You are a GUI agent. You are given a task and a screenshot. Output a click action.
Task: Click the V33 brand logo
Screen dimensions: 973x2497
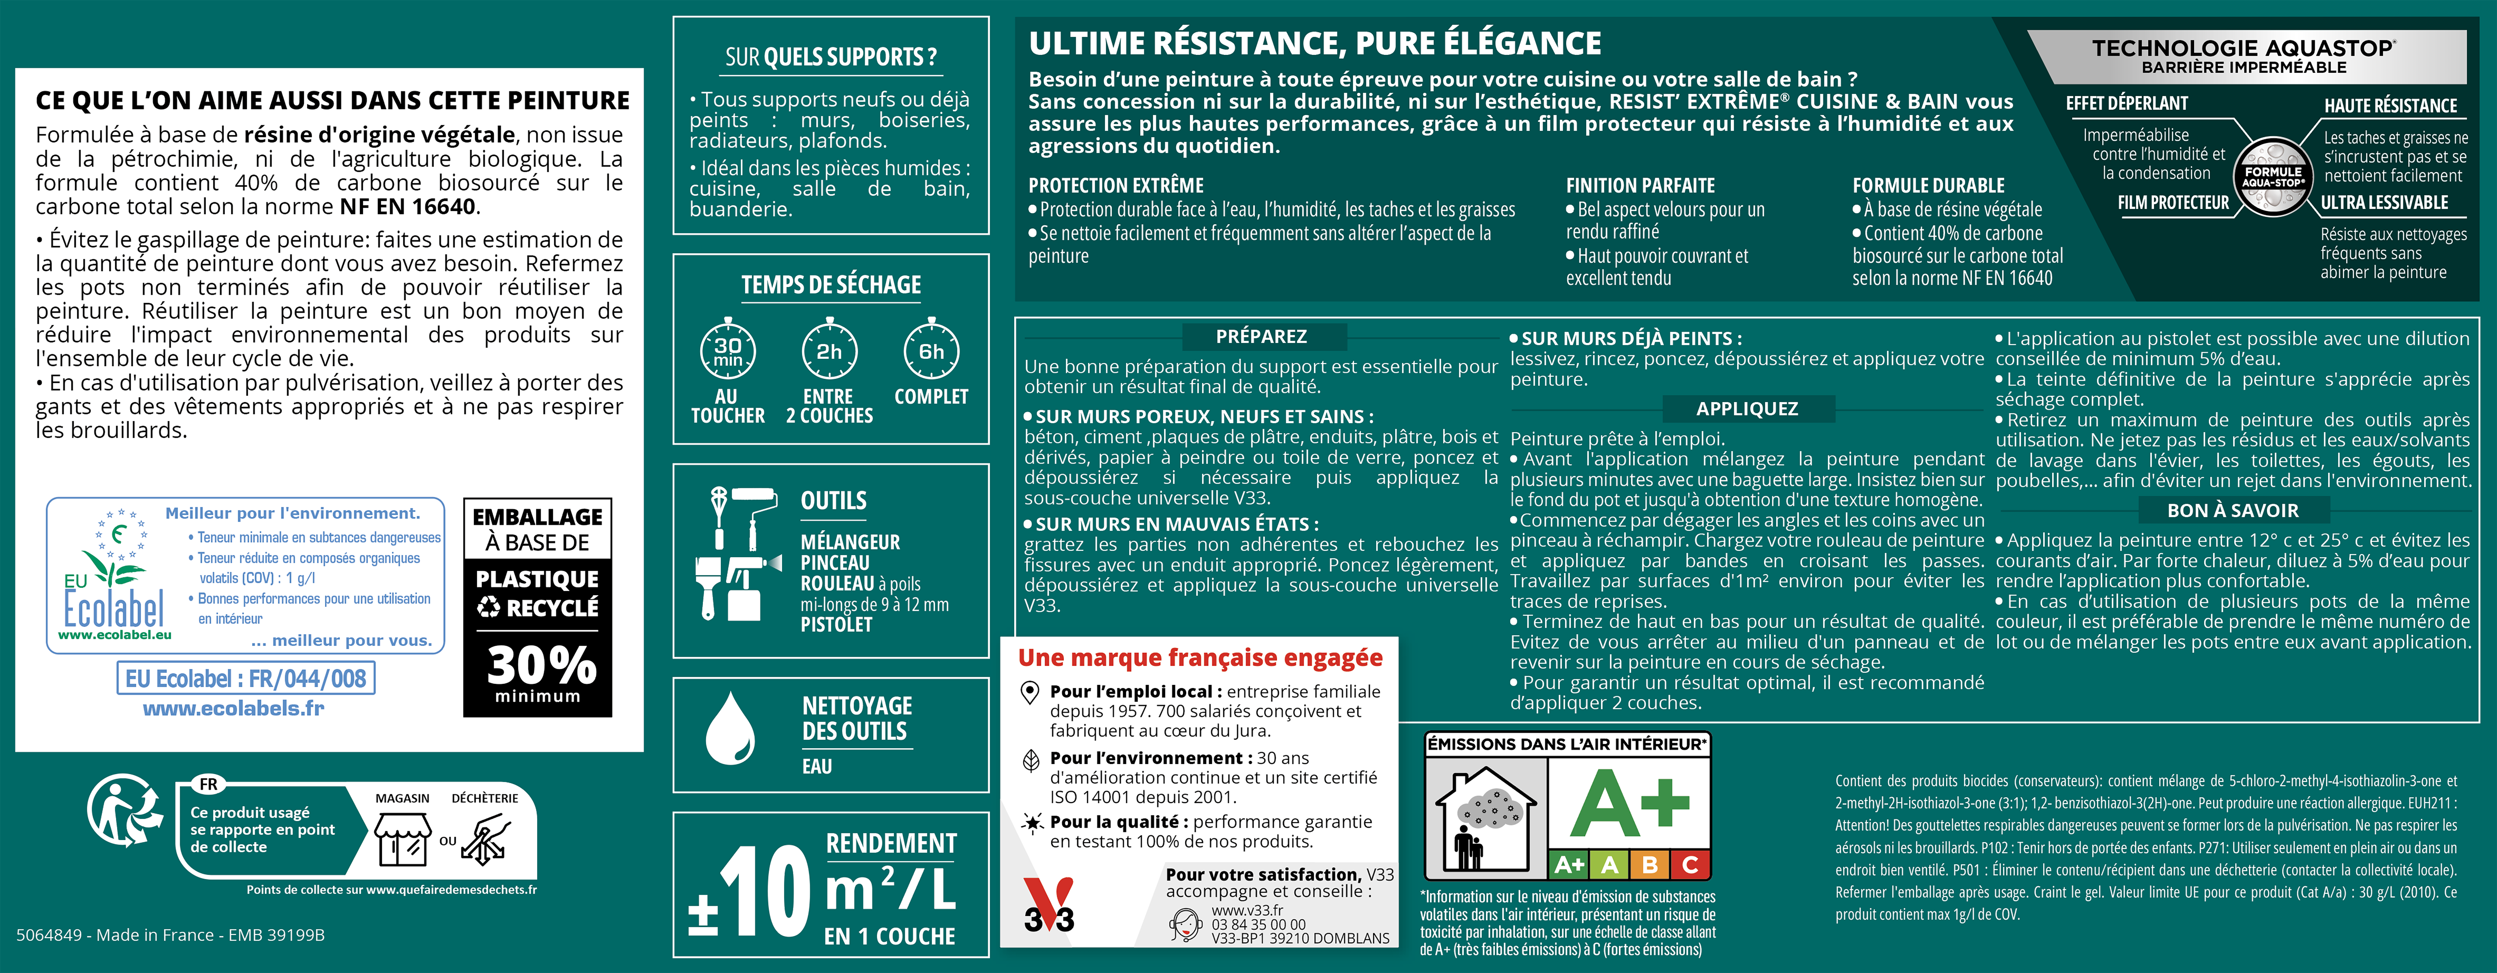(1049, 906)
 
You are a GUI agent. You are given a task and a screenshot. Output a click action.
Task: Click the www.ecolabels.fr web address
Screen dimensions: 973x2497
(234, 708)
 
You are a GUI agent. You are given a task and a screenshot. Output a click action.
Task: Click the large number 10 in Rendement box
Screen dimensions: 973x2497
(766, 892)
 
